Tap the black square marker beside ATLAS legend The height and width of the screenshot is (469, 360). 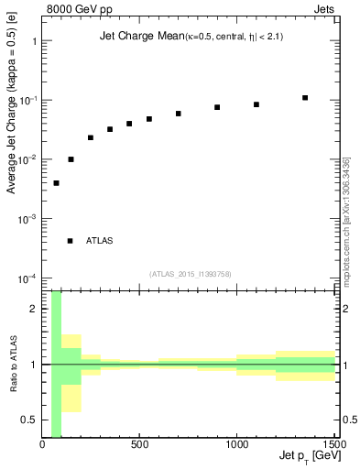point(70,241)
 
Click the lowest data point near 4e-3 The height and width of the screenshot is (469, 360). point(56,183)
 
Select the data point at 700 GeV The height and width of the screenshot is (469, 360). point(179,114)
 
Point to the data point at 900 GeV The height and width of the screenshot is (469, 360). point(217,107)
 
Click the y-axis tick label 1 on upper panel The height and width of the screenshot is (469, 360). point(33,41)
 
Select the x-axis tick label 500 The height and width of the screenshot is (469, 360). point(140,446)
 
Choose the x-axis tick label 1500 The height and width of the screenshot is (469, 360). point(335,446)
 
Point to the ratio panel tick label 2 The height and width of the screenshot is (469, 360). point(33,309)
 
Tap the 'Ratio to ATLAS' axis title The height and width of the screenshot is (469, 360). point(12,365)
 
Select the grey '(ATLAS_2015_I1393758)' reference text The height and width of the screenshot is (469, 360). point(191,273)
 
